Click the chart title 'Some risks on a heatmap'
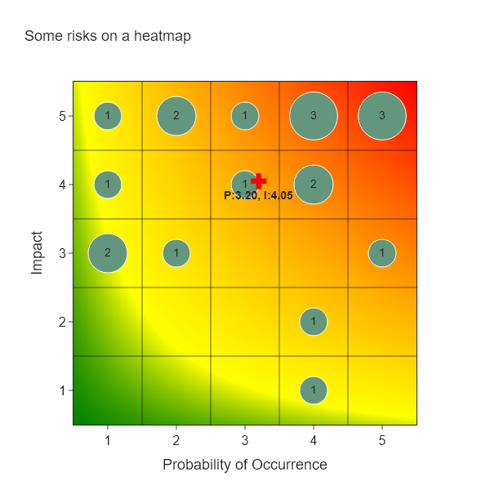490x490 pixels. coord(108,36)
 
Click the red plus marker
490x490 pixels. coord(259,181)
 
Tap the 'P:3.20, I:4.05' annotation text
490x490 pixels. coord(258,196)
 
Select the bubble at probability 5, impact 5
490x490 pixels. coord(382,116)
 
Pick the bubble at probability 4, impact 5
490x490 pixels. coord(314,116)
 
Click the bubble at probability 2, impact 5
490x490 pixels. coord(176,116)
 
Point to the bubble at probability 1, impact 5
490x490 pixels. coord(108,116)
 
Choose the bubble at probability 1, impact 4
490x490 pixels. coord(108,185)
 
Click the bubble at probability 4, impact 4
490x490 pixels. coord(314,185)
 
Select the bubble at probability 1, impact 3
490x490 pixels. coord(108,253)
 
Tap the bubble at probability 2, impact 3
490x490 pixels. coord(176,253)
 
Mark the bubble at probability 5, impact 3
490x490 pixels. coord(382,253)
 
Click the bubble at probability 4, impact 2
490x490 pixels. coord(314,322)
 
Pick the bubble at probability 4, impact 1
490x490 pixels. coord(314,390)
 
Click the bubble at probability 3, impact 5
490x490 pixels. coord(245,116)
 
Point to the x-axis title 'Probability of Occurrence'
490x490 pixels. coord(245,465)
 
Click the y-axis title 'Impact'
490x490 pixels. coord(37,253)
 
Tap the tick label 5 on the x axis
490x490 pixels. coord(382,441)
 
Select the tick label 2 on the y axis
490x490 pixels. coord(61,322)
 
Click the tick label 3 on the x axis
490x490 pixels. coord(245,441)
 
